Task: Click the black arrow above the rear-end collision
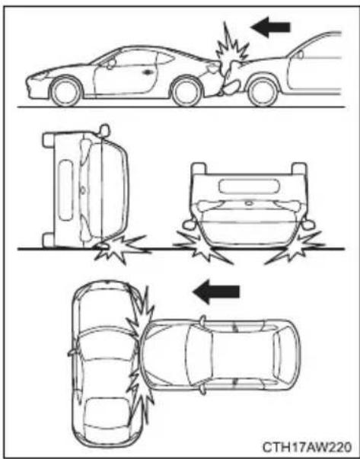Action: coord(270,27)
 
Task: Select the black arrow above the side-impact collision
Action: coord(217,292)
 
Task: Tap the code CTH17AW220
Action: coord(307,447)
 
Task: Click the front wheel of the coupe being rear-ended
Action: coord(65,91)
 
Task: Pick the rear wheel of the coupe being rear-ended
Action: coord(186,91)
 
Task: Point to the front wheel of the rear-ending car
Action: coord(263,91)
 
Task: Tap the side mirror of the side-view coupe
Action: coord(111,63)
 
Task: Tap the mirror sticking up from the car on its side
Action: coord(104,130)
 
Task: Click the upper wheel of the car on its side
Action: coord(49,140)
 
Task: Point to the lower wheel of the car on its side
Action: coord(49,240)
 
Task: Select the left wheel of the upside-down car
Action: coord(199,168)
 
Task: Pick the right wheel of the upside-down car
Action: coord(299,168)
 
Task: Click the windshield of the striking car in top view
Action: coord(199,355)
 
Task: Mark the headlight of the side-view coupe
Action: coord(40,76)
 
